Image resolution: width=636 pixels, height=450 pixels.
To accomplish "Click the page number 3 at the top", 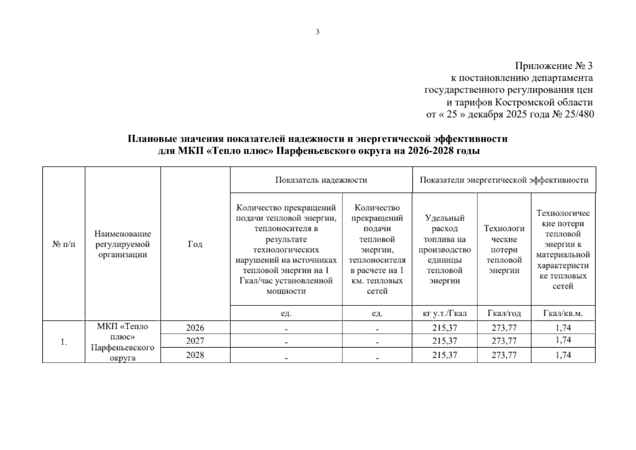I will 318,32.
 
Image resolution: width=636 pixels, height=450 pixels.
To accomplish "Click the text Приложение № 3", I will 554,66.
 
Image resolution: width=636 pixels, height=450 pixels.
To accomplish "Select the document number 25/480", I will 579,114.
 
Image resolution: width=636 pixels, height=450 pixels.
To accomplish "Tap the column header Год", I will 195,244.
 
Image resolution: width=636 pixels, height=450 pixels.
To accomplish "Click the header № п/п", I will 63,244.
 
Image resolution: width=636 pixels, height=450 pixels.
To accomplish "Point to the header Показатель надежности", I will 321,180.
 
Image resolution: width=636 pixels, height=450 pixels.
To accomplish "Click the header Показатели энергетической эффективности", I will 504,180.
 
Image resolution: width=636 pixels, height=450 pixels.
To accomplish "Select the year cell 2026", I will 195,328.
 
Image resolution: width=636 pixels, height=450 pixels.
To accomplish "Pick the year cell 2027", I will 195,341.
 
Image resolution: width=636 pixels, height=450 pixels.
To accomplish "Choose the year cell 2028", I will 195,355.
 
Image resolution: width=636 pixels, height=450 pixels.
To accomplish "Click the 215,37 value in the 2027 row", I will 444,341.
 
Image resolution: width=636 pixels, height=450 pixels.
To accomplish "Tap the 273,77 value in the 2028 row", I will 504,355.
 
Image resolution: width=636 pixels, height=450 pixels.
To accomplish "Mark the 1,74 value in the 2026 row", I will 563,328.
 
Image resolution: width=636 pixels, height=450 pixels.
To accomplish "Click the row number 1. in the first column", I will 64,342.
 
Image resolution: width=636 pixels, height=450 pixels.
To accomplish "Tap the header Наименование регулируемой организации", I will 123,244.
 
